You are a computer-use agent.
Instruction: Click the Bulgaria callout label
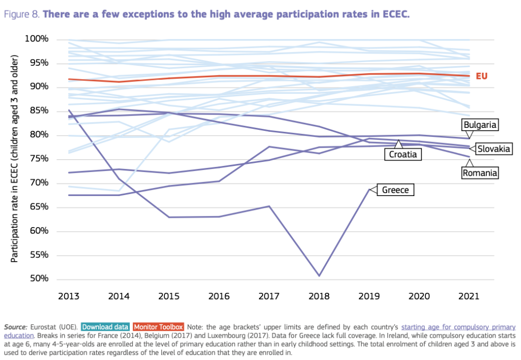point(480,124)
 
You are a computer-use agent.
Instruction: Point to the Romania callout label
point(479,173)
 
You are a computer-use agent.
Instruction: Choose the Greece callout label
point(395,190)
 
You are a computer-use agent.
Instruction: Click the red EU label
point(481,76)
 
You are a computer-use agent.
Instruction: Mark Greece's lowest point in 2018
point(320,275)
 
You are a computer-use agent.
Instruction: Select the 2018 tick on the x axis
point(320,296)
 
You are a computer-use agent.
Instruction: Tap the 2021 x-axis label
point(468,296)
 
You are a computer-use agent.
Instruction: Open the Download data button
point(105,327)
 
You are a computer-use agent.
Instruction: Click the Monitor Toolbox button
point(158,327)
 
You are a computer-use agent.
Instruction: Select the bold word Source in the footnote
point(16,327)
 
